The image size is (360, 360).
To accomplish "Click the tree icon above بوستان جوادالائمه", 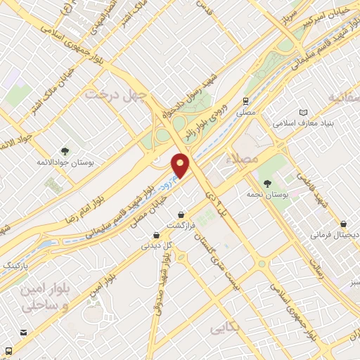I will pyautogui.click(x=65, y=150).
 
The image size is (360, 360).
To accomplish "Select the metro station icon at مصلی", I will pyautogui.click(x=245, y=101).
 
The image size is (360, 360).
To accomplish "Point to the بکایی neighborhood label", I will pyautogui.click(x=225, y=328).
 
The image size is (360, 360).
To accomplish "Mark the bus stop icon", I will pyautogui.click(x=8, y=350).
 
